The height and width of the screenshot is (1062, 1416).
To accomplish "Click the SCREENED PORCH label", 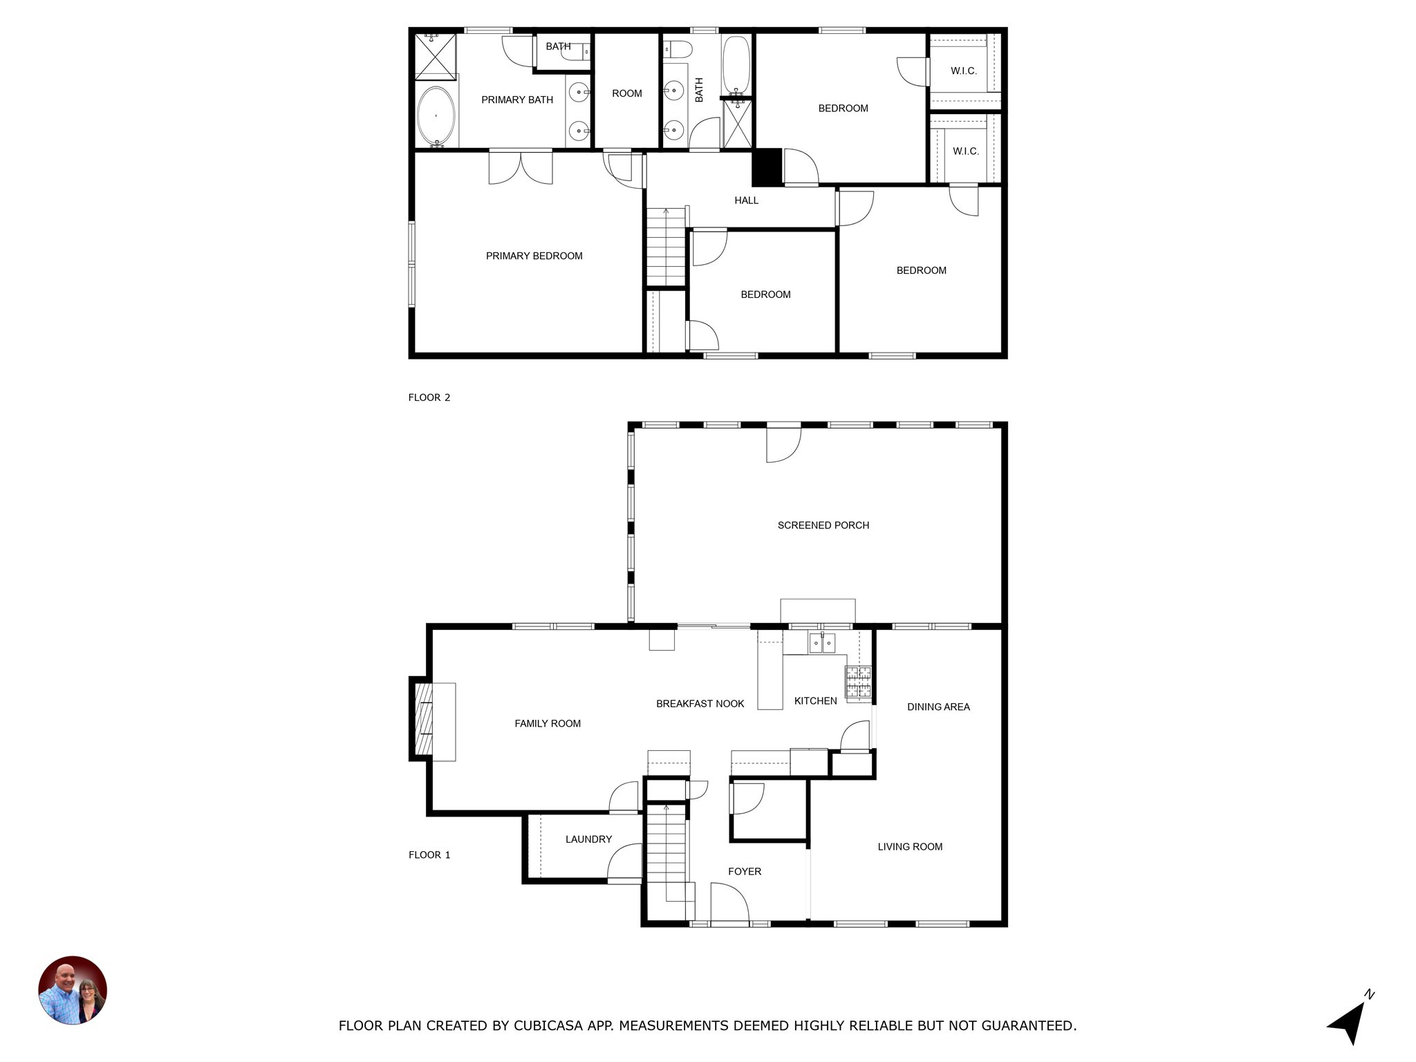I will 823,525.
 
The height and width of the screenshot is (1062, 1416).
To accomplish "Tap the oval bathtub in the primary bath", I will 436,116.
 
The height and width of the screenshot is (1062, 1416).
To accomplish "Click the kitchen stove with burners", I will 858,682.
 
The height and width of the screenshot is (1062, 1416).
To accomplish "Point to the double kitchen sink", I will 822,644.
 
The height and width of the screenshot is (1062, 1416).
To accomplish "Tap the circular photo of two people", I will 73,990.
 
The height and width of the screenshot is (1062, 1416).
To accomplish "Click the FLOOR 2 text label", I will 429,398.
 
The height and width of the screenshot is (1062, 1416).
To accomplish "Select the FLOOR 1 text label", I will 429,855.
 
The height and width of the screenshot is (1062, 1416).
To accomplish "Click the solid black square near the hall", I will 766,167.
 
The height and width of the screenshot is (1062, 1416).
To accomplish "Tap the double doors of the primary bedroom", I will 521,167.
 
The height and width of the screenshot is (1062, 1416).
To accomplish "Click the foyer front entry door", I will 729,906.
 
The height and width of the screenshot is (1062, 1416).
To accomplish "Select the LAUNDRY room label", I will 588,839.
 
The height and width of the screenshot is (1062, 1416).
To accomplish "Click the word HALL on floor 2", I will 746,201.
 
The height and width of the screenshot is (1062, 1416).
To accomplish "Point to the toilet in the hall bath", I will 678,50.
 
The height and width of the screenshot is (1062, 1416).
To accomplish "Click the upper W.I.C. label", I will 963,71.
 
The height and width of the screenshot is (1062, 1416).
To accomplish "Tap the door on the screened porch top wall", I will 783,442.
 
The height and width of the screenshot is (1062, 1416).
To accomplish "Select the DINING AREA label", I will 938,707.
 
